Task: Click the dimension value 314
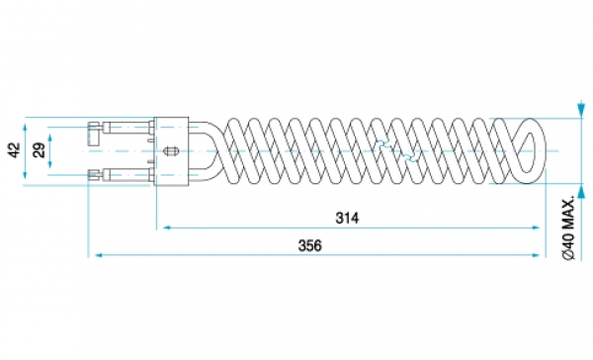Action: pyautogui.click(x=347, y=218)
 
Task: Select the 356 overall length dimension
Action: pyautogui.click(x=310, y=245)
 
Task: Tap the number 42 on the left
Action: pyautogui.click(x=14, y=150)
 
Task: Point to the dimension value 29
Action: pyautogui.click(x=39, y=150)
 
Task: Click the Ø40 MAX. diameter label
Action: pyautogui.click(x=568, y=227)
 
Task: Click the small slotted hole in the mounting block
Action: pyautogui.click(x=170, y=151)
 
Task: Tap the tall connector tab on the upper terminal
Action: pyautogui.click(x=94, y=134)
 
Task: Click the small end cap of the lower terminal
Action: pyautogui.click(x=94, y=174)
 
